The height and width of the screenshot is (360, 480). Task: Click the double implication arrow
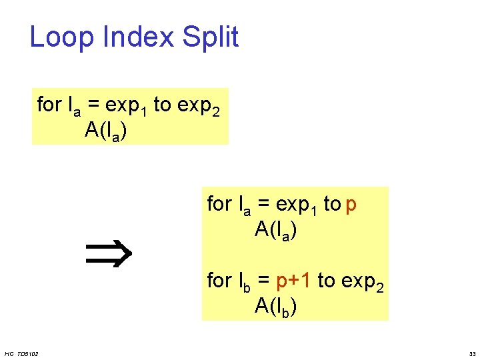click(110, 254)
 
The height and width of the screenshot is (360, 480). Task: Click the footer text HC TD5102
click(21, 353)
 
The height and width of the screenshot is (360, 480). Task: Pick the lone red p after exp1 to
click(351, 205)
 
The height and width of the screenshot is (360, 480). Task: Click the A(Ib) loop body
click(275, 306)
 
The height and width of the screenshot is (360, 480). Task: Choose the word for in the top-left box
click(49, 105)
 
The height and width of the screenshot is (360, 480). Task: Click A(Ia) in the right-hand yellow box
click(275, 230)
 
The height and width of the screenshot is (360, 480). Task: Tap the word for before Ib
click(219, 281)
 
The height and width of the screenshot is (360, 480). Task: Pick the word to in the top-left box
click(162, 105)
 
